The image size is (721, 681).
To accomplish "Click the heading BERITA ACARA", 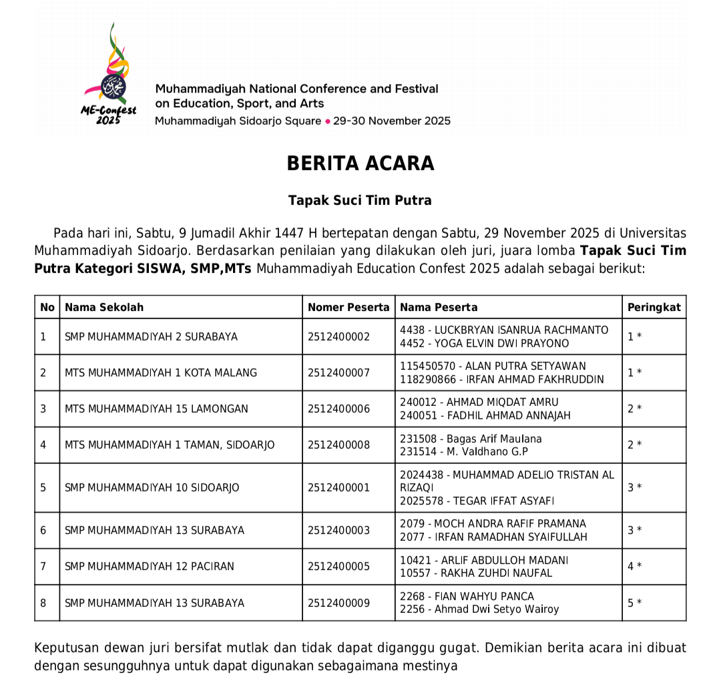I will pos(360,164).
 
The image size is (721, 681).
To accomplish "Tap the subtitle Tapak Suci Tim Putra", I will pos(360,200).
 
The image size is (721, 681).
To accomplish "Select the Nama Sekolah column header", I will pos(104,307).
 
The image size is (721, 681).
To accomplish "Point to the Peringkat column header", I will pos(654,307).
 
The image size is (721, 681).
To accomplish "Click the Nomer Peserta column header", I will pos(348,307).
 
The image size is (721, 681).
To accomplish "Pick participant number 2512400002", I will pos(338,336).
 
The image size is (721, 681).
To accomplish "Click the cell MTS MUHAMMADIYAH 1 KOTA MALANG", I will pos(161,373).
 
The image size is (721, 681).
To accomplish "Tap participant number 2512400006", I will pos(338,409).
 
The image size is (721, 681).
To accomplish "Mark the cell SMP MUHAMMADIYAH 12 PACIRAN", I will pos(150,566).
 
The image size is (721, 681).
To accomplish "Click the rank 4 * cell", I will pos(634,566).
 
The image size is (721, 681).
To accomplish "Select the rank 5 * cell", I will pos(634,603).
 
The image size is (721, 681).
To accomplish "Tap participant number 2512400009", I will pos(338,603).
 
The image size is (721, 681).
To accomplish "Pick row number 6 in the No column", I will pos(43,530).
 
